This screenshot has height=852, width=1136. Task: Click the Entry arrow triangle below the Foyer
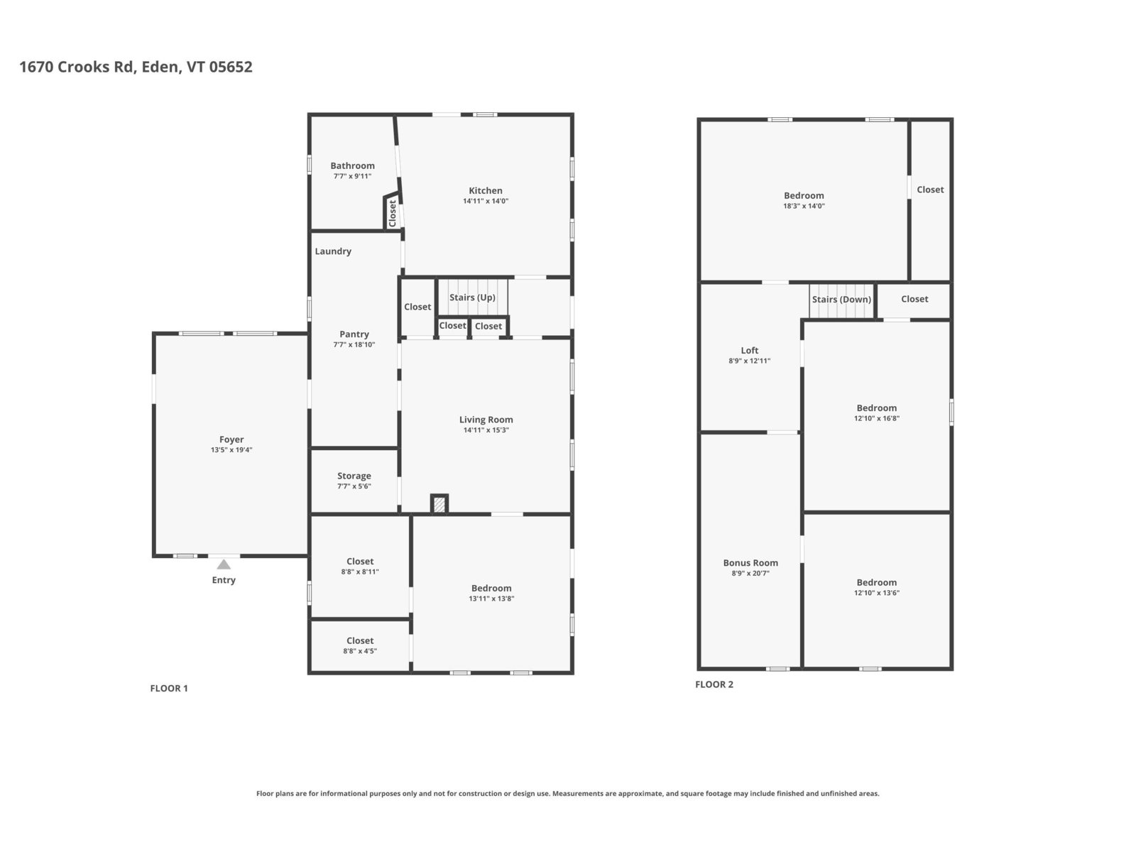(223, 564)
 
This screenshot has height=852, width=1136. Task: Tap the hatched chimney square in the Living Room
(439, 504)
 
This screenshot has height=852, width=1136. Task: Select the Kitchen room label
(485, 190)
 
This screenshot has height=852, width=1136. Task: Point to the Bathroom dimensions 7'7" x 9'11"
(352, 176)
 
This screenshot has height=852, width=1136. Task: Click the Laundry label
(333, 251)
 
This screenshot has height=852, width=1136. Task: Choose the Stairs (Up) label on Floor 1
(472, 297)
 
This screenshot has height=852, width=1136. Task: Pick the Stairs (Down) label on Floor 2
(841, 299)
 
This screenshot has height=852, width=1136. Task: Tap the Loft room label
(749, 350)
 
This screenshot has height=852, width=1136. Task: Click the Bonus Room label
(750, 562)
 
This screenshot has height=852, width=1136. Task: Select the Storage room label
(354, 476)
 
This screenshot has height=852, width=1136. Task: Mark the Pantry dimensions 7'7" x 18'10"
(354, 344)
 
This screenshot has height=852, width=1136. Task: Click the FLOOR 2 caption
(714, 684)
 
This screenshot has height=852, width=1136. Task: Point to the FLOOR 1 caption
(169, 688)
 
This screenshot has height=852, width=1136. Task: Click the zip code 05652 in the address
(230, 67)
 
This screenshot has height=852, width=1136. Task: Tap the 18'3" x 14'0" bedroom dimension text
(804, 206)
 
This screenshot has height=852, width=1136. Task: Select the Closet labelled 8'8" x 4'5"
(360, 640)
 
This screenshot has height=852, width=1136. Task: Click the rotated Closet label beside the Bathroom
(393, 213)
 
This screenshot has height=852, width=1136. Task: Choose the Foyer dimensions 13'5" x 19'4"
(231, 450)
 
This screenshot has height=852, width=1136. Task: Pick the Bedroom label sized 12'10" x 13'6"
(876, 582)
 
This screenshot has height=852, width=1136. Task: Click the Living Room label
(486, 420)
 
